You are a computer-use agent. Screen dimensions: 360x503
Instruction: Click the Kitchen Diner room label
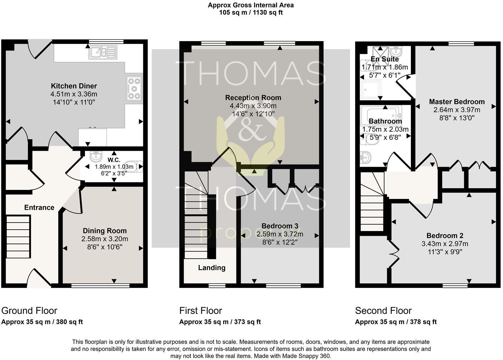(74, 86)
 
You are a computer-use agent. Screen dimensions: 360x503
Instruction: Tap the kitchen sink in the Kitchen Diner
(103, 53)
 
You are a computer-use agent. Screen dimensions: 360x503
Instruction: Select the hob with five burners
(134, 89)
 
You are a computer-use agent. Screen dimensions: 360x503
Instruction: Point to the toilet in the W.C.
(135, 166)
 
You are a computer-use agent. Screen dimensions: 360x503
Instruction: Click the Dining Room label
(105, 231)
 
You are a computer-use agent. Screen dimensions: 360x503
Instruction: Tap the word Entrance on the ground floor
(39, 207)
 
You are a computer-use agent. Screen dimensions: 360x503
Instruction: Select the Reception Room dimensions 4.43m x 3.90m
(253, 106)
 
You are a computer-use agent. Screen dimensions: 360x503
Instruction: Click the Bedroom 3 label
(280, 226)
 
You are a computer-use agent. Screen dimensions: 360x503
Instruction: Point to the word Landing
(212, 267)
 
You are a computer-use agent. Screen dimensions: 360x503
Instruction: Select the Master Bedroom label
(457, 102)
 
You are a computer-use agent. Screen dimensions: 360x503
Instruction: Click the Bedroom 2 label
(445, 236)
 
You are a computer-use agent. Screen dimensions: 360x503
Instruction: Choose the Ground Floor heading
(29, 311)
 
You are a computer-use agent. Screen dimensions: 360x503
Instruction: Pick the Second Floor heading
(383, 311)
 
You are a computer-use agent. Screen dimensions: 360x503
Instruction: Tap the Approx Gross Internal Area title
(251, 5)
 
